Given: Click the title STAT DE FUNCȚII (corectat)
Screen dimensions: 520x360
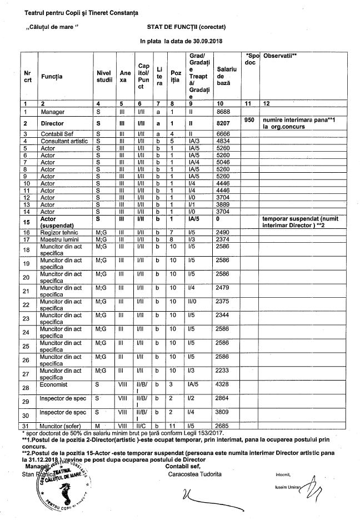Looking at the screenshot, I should [x=187, y=26].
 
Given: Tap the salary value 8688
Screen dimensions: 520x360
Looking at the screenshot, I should [x=224, y=112].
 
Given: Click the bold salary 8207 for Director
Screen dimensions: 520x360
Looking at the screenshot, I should [x=224, y=123].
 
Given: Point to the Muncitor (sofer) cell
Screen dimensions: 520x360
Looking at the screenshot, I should [x=61, y=426].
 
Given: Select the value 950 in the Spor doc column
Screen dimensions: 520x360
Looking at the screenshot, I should [x=249, y=119].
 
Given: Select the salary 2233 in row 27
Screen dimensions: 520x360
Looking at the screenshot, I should [x=224, y=369].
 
